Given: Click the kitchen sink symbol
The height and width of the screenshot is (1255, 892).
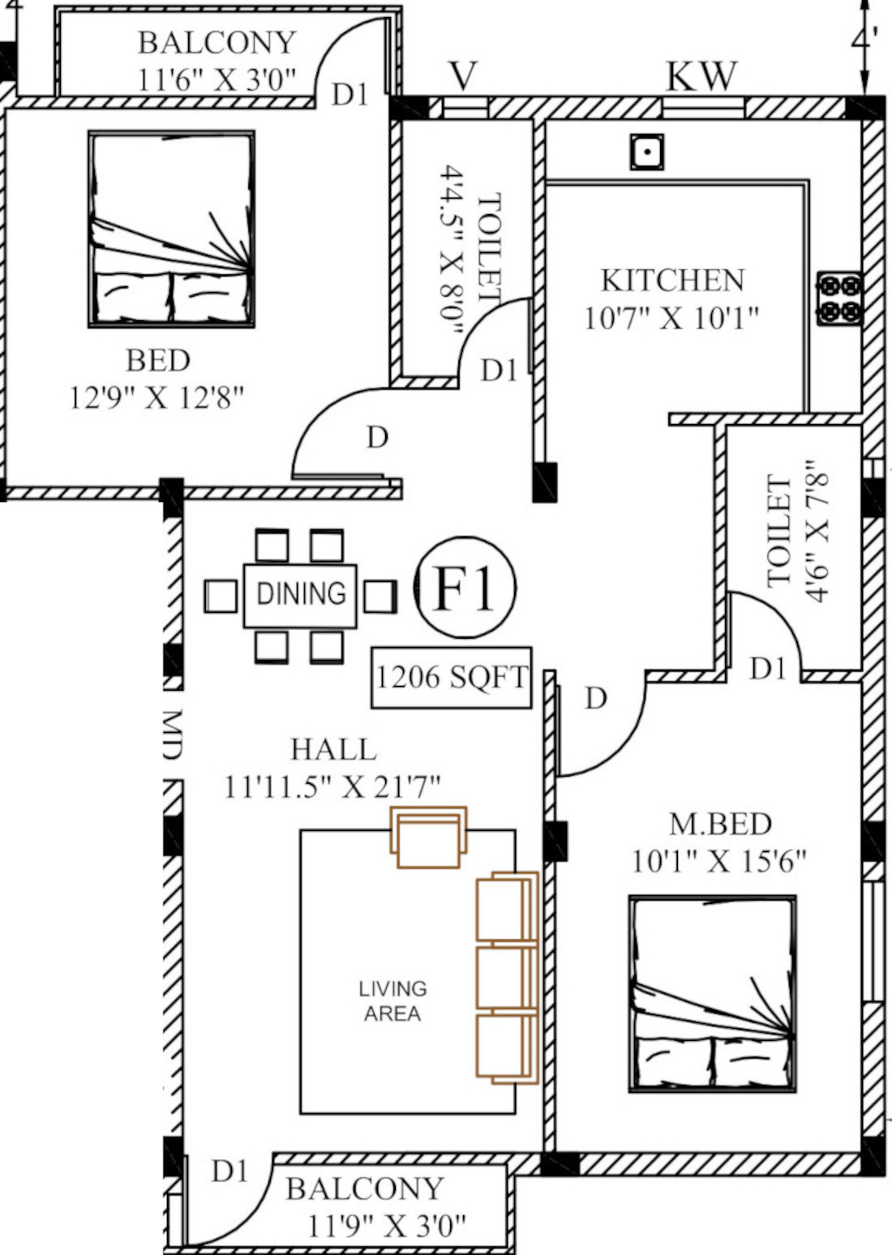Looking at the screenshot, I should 646,152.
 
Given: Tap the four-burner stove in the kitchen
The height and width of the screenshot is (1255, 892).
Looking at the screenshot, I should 838,298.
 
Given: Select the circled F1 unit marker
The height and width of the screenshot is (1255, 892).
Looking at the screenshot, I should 465,587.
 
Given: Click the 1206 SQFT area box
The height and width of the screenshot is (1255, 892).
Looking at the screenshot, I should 452,677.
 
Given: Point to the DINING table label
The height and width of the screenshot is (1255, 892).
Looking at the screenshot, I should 301,594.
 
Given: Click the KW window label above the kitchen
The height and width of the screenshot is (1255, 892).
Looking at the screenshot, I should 701,77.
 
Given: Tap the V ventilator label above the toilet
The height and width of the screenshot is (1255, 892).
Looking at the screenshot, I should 462,77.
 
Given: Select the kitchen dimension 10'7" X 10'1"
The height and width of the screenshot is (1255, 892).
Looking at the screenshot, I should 671,318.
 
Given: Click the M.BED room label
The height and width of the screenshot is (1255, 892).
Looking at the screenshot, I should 720,824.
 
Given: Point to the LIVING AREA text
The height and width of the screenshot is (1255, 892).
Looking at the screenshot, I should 392,1001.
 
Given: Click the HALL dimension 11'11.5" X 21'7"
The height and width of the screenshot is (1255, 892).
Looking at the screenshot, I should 332,786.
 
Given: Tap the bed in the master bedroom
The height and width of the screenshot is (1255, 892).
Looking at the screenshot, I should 713,994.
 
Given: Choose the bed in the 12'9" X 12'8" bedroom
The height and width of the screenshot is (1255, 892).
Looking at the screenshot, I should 171,229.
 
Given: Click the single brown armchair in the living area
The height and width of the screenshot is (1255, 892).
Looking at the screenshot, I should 429,837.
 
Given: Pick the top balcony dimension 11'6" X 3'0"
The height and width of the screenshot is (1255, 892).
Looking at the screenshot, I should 217,79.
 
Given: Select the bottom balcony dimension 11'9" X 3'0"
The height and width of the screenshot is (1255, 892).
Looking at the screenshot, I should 387,1225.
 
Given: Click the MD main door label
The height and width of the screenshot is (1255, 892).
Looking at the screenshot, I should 171,735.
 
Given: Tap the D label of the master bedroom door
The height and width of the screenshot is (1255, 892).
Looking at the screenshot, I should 596,698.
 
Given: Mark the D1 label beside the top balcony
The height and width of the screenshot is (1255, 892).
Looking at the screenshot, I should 350,95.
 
